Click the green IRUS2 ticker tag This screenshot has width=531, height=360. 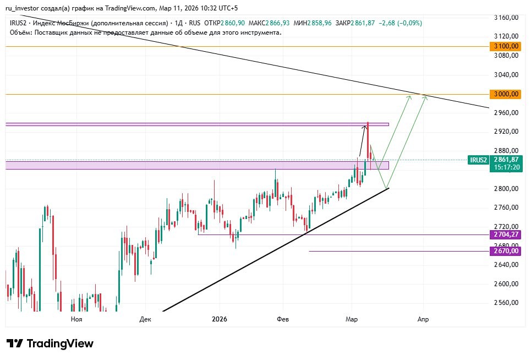[x=478, y=160]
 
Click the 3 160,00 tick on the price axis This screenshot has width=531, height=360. [x=507, y=18]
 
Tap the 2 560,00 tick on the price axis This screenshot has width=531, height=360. [x=507, y=303]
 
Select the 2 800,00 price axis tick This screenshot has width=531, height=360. [x=507, y=189]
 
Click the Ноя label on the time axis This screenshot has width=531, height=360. [x=76, y=319]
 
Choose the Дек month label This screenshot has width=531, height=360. [x=145, y=319]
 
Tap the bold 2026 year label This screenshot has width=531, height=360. [x=220, y=319]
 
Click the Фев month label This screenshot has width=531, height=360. [x=283, y=319]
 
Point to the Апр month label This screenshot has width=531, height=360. [x=423, y=319]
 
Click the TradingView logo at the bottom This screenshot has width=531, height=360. [x=50, y=343]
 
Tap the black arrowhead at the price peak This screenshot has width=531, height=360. [x=364, y=127]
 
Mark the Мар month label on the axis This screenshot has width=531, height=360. [x=351, y=319]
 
